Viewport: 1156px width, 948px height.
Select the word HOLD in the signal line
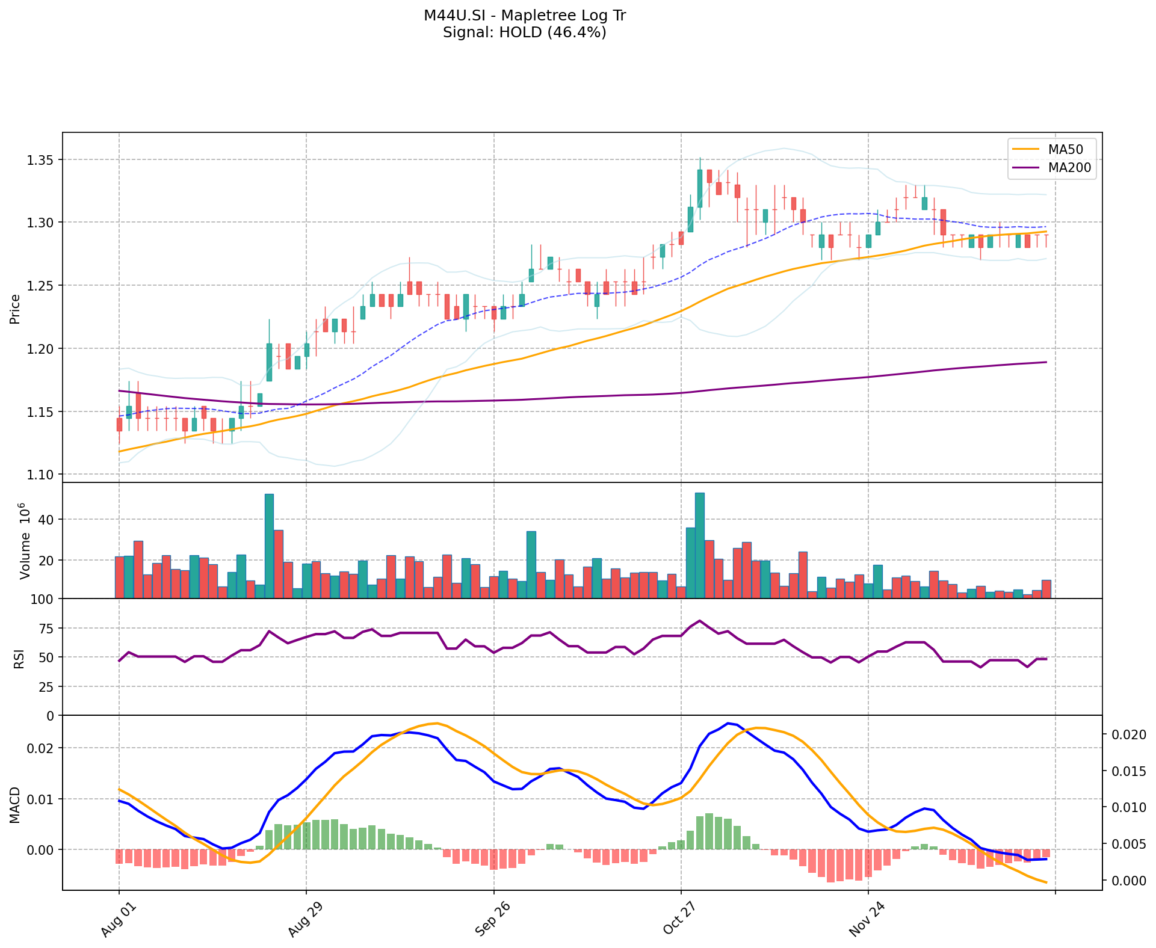tap(521, 32)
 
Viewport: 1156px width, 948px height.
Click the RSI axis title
tap(19, 658)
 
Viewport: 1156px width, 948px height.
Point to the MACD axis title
tap(15, 805)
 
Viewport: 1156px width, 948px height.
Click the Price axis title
tap(15, 309)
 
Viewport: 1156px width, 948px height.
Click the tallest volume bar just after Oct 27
tap(700, 545)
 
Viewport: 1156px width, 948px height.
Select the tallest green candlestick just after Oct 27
tap(700, 188)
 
